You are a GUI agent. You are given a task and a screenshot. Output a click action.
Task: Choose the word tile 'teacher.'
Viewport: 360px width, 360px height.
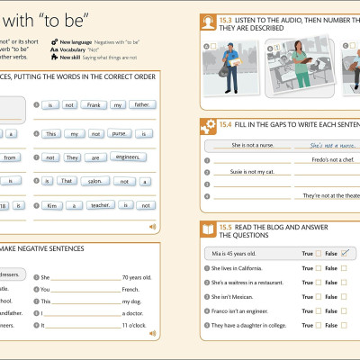click(x=100, y=205)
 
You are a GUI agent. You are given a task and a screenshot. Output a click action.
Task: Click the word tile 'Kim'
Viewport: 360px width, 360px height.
click(x=50, y=205)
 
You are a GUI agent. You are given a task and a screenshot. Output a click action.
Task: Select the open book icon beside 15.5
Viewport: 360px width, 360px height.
click(x=205, y=229)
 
